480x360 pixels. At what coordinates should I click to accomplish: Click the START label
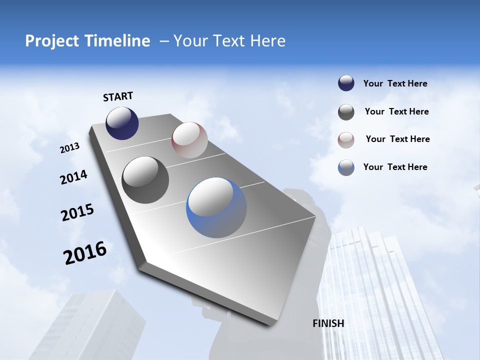(x=118, y=96)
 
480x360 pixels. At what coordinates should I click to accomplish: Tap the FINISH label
(x=328, y=323)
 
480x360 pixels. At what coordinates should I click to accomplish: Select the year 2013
(x=70, y=148)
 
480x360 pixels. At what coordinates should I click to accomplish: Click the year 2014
(x=74, y=177)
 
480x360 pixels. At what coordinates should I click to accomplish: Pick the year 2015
(x=77, y=212)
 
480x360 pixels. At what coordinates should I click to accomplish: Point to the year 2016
(x=85, y=253)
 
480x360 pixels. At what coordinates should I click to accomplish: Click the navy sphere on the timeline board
(x=122, y=123)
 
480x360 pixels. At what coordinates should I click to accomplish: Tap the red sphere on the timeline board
(x=189, y=140)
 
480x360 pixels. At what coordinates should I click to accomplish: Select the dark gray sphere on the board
(x=145, y=180)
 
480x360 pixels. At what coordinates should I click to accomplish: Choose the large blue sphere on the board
(x=216, y=207)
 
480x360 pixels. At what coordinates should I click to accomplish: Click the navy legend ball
(x=346, y=83)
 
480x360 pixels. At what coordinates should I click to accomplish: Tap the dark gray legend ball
(x=346, y=112)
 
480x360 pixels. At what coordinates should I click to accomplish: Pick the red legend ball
(x=346, y=140)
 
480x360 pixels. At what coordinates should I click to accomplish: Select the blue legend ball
(x=346, y=167)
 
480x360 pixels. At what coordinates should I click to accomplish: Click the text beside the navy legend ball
(x=395, y=84)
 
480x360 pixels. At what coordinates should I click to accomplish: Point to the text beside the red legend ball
(x=397, y=139)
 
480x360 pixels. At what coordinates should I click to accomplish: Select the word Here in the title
(x=267, y=41)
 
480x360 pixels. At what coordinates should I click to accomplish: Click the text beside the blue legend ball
(x=395, y=167)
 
